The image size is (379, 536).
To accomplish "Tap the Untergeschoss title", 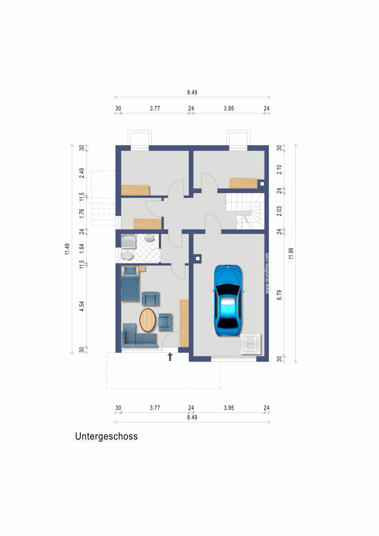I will point(106,436).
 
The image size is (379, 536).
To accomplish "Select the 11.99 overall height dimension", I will point(292,253).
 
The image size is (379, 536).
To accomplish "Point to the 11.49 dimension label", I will point(67,249).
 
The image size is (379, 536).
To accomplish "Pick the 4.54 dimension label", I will point(82,306).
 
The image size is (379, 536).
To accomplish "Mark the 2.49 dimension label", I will point(82,173).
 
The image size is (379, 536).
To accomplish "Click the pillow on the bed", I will point(130,270).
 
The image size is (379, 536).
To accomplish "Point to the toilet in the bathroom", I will point(127,255).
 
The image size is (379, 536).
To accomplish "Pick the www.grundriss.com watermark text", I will point(267,273).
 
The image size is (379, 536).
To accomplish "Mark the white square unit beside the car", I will point(251,343).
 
